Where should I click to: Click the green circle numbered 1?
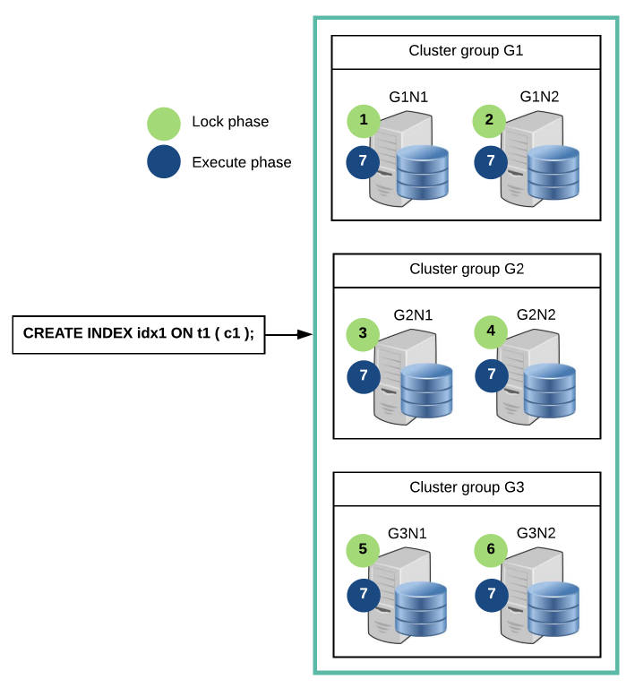coord(364,121)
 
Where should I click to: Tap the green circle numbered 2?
coord(489,121)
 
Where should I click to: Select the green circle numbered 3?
coord(363,334)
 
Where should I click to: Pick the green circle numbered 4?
coord(491,332)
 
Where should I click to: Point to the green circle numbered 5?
coord(363,550)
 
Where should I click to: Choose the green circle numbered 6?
coord(491,550)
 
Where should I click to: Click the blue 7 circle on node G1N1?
coord(363,162)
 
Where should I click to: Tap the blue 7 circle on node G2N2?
coord(492,375)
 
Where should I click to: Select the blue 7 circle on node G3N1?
coord(364,596)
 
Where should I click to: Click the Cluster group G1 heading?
coord(466,51)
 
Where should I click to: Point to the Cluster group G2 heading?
coord(467,269)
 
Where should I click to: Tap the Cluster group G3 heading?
coord(467,487)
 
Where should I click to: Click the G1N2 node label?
coord(539,97)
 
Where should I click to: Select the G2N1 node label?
coord(413,315)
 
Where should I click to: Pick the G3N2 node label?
coord(536,533)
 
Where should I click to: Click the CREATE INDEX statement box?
coord(139,334)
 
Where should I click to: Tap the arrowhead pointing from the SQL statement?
coord(305,334)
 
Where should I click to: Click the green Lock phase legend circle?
coord(164,124)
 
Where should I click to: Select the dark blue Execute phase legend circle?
coord(164,161)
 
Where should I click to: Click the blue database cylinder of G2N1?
coord(426,391)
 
